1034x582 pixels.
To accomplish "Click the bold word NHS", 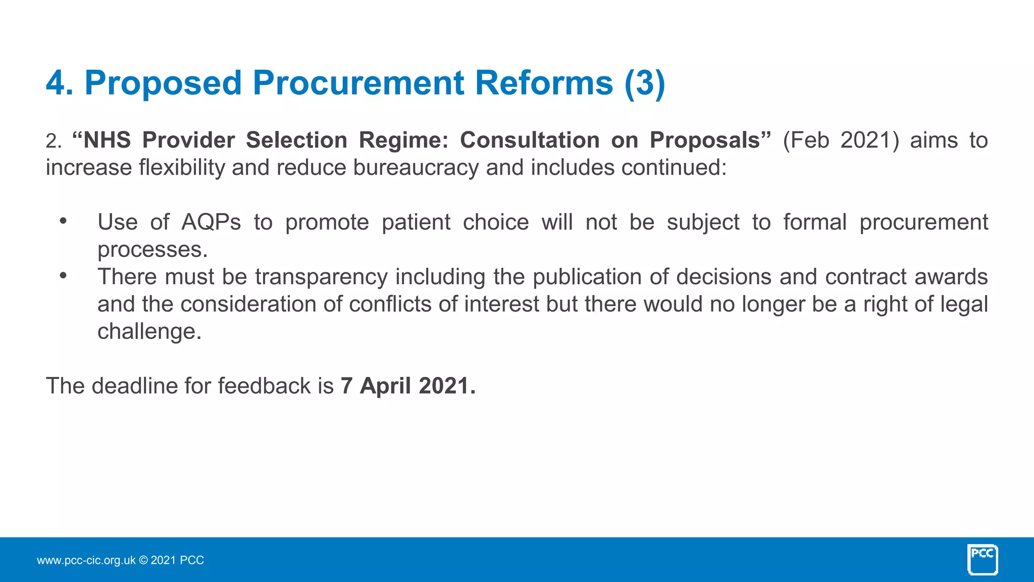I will (x=107, y=140).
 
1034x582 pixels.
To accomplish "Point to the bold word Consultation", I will (x=530, y=140).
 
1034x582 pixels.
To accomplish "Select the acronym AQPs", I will (x=211, y=223).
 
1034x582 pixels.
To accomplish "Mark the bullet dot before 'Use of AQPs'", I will (x=63, y=221).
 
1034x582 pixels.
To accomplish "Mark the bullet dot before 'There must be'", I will (x=63, y=276).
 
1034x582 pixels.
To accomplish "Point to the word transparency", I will (x=321, y=277).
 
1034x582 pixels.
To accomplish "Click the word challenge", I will (x=149, y=332).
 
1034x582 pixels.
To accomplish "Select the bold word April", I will (x=386, y=386).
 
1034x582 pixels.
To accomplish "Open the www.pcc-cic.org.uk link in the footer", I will (x=86, y=560).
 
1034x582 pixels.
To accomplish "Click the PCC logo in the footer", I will (x=982, y=559).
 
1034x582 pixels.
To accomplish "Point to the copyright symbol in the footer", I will (x=143, y=560).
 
